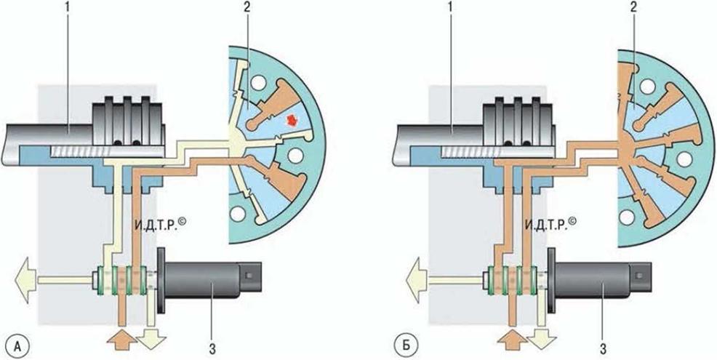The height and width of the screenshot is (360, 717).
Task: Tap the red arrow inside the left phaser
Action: point(291,121)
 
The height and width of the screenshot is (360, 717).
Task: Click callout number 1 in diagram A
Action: point(68,9)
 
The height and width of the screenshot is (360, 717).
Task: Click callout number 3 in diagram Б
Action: point(603,350)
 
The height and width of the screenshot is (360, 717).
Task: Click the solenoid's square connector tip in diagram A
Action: point(251,276)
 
